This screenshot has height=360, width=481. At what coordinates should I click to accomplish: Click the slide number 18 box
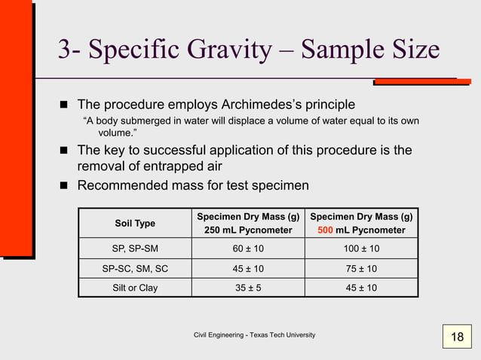(457, 337)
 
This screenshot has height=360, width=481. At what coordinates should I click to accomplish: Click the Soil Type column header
(135, 223)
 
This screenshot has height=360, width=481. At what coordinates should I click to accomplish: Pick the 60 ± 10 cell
(248, 249)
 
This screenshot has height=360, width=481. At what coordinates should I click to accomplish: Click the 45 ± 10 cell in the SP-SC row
(248, 269)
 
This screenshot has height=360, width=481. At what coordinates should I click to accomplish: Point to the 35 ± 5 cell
(248, 288)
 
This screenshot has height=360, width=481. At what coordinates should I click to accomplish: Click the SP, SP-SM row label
(135, 249)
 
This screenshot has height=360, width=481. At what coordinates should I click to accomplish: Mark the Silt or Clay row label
(135, 288)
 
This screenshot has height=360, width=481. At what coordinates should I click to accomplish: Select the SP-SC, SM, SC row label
(135, 269)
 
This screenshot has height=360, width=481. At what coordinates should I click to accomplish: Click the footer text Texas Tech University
(283, 334)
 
